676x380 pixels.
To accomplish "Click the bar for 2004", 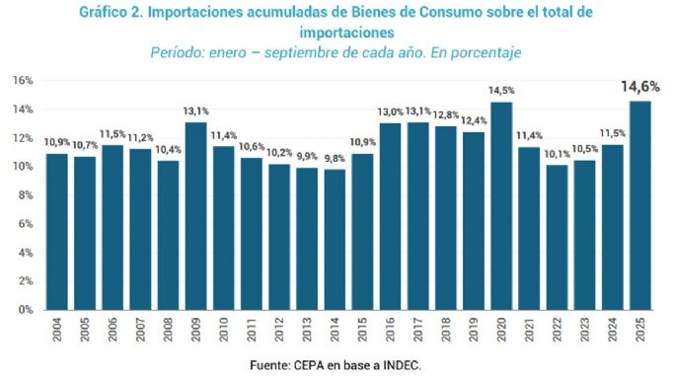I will pyautogui.click(x=57, y=231).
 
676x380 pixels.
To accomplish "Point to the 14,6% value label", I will pyautogui.click(x=639, y=87).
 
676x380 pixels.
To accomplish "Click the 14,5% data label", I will pyautogui.click(x=501, y=91).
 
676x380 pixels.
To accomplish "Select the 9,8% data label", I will pyautogui.click(x=335, y=158).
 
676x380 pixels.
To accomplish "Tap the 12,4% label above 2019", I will pyautogui.click(x=474, y=120).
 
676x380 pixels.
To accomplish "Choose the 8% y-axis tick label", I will pyautogui.click(x=25, y=194).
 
